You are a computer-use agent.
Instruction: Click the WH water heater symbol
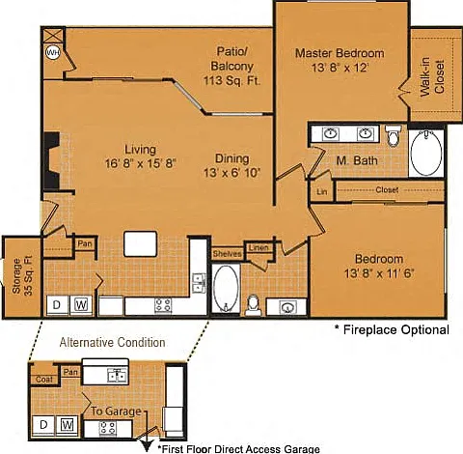(x=52, y=52)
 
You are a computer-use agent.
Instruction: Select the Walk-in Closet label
(x=432, y=77)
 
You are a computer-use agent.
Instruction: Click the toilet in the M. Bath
(x=393, y=135)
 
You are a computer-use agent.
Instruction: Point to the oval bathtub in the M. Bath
(x=426, y=153)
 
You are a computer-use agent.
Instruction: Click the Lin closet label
(x=322, y=191)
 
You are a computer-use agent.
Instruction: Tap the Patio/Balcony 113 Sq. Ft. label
(x=231, y=66)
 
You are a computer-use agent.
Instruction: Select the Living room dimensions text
(x=141, y=163)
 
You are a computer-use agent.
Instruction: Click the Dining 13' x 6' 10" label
(x=231, y=165)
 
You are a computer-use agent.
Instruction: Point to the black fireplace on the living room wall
(x=52, y=161)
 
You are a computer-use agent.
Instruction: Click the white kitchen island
(x=141, y=244)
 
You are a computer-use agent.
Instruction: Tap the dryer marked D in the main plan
(x=57, y=305)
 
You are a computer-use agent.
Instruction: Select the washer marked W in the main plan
(x=81, y=304)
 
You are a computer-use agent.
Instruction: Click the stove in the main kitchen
(x=163, y=305)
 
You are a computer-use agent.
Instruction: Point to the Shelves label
(x=227, y=254)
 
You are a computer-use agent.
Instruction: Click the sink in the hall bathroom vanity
(x=286, y=307)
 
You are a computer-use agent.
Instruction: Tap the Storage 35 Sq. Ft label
(x=22, y=275)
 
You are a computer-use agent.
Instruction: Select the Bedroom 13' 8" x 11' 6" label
(x=379, y=267)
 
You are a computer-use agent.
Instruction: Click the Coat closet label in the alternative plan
(x=44, y=380)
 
